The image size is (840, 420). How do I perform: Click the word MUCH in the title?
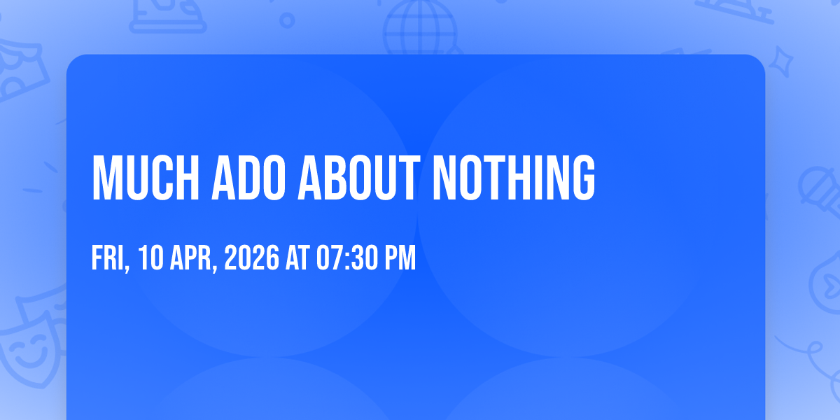[146, 178]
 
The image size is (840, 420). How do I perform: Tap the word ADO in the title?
[248, 178]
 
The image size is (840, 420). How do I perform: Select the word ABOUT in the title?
[359, 178]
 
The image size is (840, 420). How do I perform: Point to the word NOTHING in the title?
[514, 178]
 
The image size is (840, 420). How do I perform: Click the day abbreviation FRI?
[108, 258]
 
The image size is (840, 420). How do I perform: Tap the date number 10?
[150, 258]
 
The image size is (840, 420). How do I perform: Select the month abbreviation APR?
[191, 258]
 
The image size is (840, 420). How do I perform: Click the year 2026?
[251, 258]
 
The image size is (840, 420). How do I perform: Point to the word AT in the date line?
[297, 258]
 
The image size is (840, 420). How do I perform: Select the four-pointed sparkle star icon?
[780, 62]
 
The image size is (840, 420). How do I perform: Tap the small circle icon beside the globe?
[287, 20]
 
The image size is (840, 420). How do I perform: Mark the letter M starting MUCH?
[106, 178]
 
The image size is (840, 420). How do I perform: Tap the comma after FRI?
[127, 267]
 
